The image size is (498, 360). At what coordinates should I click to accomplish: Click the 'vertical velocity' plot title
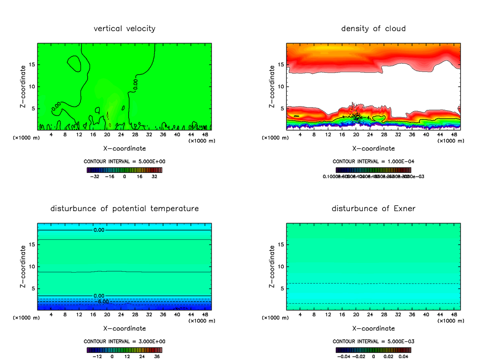124,29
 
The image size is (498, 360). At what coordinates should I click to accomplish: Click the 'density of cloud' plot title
373,29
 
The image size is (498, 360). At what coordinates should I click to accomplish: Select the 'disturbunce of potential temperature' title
124,208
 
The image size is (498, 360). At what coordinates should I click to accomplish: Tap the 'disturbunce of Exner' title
373,208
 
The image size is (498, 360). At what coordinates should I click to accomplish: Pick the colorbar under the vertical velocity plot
124,170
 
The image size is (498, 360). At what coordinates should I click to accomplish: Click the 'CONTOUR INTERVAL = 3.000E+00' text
124,341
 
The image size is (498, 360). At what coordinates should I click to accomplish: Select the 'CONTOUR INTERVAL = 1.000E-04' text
373,161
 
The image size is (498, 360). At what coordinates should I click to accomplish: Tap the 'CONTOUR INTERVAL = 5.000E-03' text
373,341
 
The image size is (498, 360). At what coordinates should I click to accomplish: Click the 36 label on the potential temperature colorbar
156,356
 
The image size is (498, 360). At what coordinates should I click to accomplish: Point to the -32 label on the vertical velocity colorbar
95,176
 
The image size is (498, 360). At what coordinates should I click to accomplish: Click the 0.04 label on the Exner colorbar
404,356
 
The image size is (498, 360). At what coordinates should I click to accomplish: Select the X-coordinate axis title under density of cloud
373,148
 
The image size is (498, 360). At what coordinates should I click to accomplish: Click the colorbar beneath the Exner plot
373,350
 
